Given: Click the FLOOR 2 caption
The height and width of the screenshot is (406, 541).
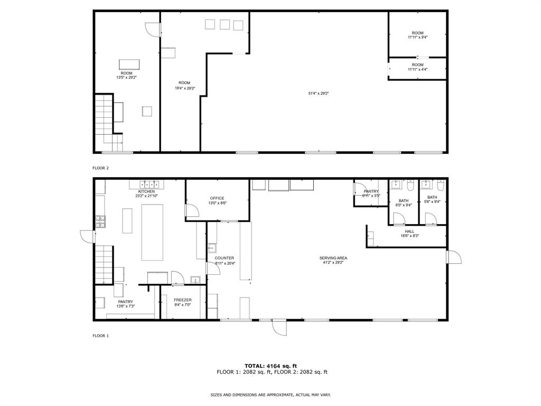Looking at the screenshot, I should pyautogui.click(x=100, y=168).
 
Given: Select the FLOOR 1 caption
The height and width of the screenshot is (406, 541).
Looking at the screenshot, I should pyautogui.click(x=100, y=336).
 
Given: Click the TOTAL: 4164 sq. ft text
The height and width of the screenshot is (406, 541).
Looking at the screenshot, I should pyautogui.click(x=270, y=366).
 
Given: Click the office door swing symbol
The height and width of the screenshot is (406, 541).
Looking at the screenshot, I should pyautogui.click(x=191, y=210).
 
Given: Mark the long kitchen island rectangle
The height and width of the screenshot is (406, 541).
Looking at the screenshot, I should pyautogui.click(x=152, y=232).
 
